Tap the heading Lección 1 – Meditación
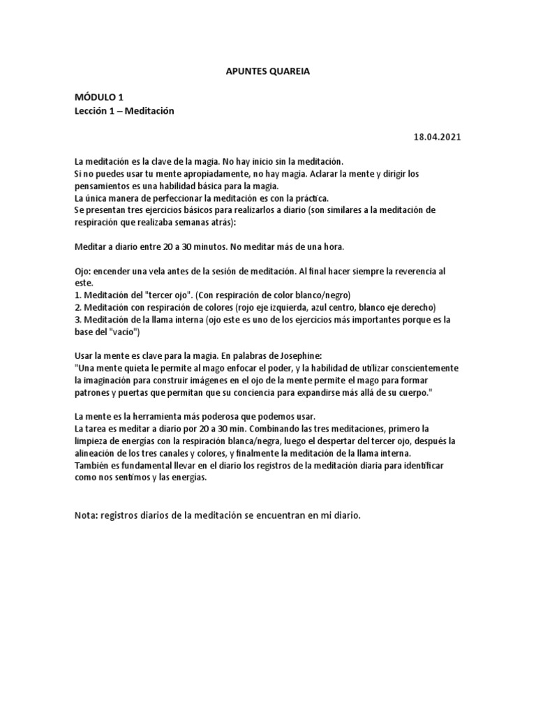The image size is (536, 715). pos(123,111)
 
